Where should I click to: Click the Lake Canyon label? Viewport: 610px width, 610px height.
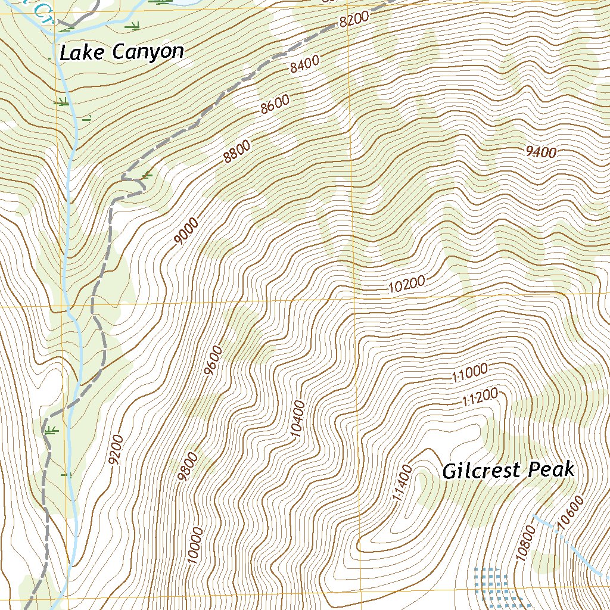click(122, 52)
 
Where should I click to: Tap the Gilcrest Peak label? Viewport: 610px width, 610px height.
click(508, 471)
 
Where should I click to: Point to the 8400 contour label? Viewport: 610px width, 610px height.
click(305, 63)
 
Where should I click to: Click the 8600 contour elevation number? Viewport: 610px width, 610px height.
click(275, 105)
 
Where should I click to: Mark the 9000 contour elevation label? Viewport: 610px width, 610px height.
click(186, 232)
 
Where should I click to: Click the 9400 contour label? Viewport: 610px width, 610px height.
click(541, 152)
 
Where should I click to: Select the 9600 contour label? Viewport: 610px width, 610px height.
click(213, 360)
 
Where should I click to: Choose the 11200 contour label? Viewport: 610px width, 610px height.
click(480, 397)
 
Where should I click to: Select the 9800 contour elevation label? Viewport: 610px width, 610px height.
click(188, 467)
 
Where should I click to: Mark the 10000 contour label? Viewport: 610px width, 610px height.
click(195, 544)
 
